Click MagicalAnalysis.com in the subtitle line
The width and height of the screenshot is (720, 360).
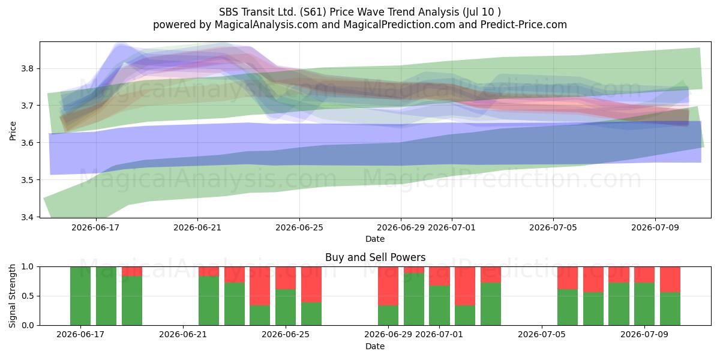[266, 25]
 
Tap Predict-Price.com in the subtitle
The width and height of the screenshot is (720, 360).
[524, 25]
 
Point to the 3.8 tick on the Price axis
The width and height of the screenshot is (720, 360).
[28, 68]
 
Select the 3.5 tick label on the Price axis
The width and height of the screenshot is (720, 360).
[28, 180]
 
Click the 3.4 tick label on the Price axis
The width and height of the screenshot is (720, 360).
[28, 217]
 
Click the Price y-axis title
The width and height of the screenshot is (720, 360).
[13, 131]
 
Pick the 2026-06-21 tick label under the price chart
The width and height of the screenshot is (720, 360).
[197, 227]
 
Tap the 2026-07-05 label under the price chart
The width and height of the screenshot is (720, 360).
[553, 227]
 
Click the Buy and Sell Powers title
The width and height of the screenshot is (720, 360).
[375, 257]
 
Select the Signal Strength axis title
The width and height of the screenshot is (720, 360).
[13, 296]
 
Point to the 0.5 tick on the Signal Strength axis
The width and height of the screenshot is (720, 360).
[28, 296]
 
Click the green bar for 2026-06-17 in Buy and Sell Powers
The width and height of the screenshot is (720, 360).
[80, 296]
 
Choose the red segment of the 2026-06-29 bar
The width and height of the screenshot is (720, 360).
[388, 286]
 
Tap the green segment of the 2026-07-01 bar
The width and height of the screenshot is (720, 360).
[439, 305]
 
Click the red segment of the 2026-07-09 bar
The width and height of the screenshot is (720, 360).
[644, 275]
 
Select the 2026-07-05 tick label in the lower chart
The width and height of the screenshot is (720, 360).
[542, 335]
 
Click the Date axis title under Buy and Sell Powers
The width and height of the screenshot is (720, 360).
[375, 347]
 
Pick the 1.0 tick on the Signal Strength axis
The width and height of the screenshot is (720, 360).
[28, 267]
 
